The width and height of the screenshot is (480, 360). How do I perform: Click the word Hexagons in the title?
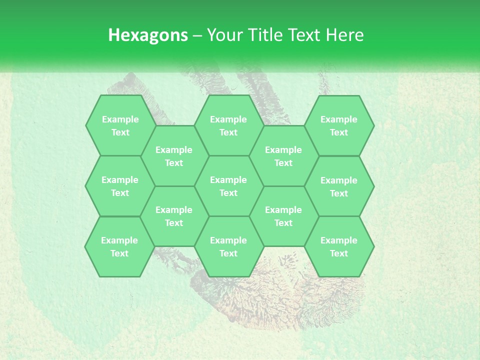[x=148, y=35]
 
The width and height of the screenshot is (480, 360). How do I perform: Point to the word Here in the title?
[x=345, y=35]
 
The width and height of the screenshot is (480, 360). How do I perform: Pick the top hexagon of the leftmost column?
[x=120, y=125]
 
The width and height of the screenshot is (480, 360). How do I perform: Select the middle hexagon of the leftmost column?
[x=120, y=186]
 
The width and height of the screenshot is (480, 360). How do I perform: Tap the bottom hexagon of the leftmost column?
[x=119, y=246]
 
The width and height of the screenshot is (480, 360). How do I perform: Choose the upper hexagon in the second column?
[x=174, y=156]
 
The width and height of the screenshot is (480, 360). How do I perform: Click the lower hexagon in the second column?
[x=174, y=216]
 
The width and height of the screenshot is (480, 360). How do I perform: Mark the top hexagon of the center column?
[x=228, y=125]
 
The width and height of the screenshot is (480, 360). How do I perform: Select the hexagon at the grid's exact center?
[x=228, y=186]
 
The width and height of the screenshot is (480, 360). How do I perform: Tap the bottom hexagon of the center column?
[x=228, y=246]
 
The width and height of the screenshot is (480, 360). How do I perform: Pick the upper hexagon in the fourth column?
[x=283, y=156]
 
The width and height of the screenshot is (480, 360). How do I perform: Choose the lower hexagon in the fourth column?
[x=283, y=216]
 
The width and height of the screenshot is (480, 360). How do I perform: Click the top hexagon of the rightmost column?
[x=339, y=125]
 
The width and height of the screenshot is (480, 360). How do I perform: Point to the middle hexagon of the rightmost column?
[x=339, y=186]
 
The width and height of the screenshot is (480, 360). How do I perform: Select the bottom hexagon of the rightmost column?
[x=339, y=246]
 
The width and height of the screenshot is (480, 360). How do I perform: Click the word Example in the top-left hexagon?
[x=120, y=119]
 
